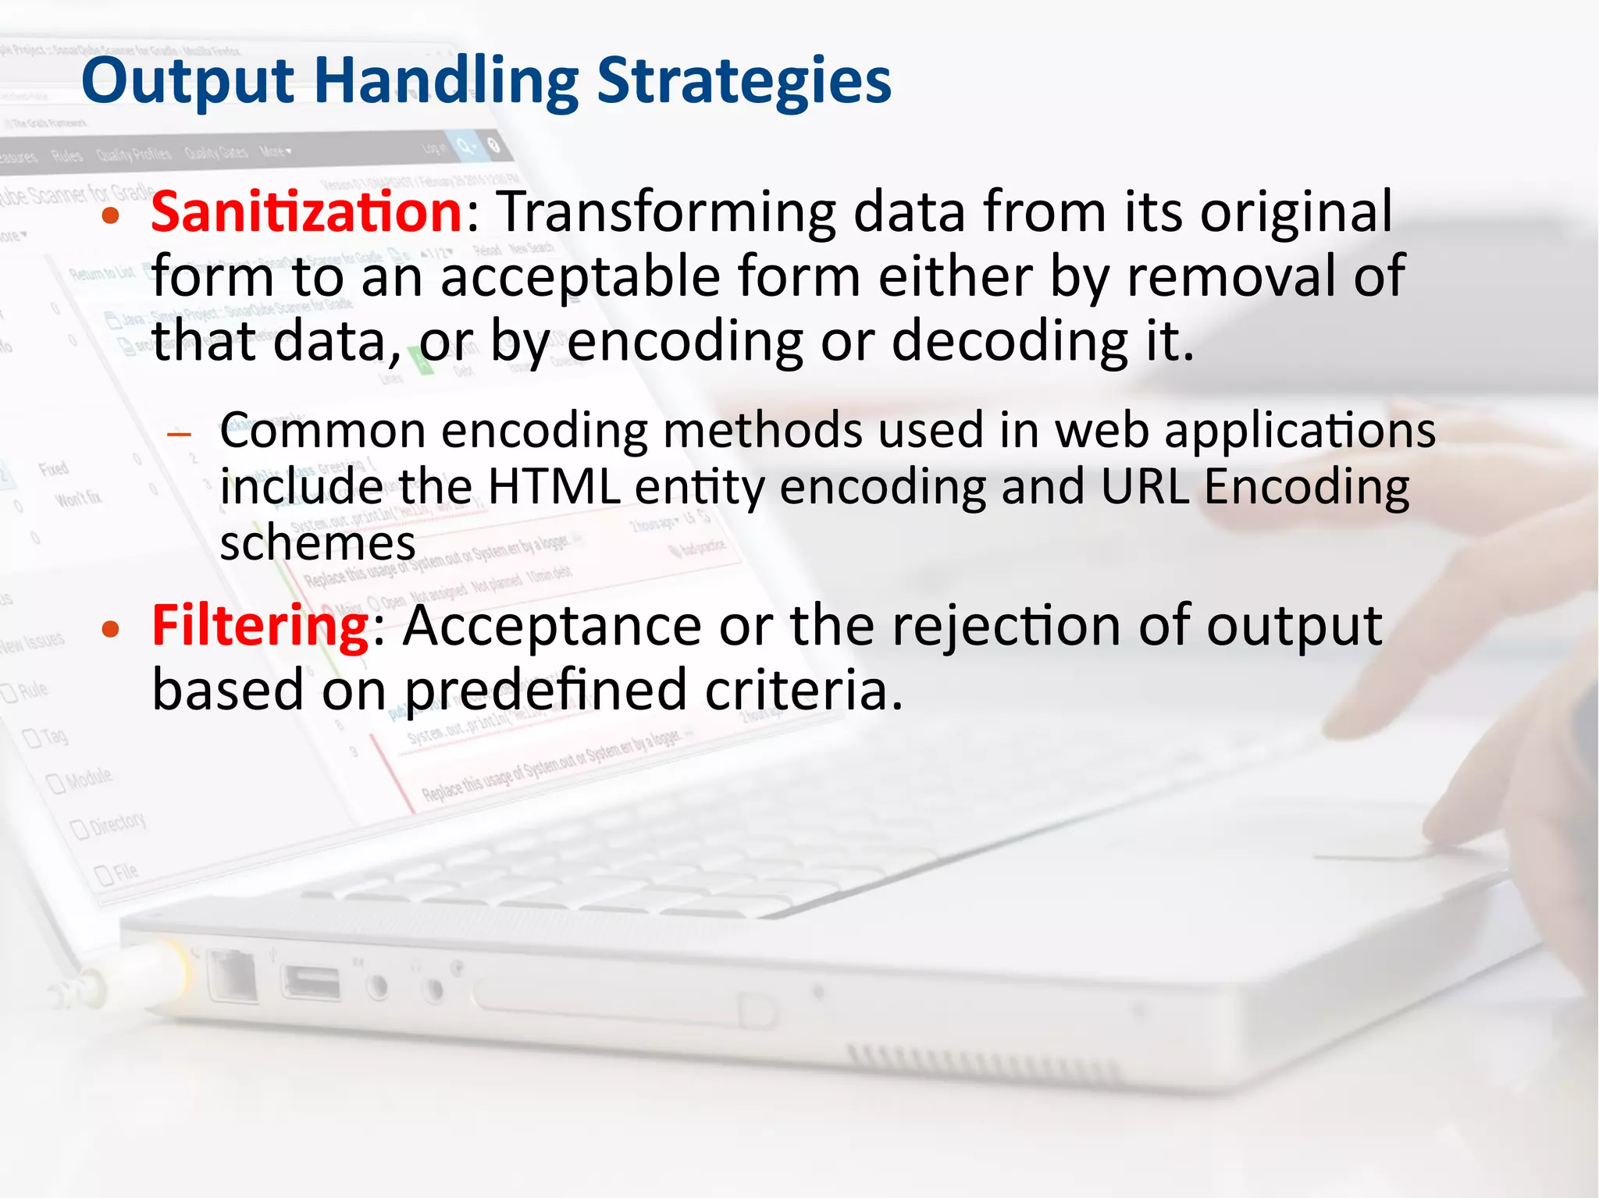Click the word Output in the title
click(187, 81)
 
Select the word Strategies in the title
click(743, 81)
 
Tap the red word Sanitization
click(308, 212)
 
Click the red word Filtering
click(260, 626)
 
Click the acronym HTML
click(554, 486)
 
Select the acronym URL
click(1145, 486)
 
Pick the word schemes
click(317, 543)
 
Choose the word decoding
click(1010, 342)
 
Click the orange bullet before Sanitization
click(111, 216)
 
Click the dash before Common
click(180, 434)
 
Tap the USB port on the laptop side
click(312, 983)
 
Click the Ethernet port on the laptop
click(233, 976)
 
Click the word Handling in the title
click(446, 81)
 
